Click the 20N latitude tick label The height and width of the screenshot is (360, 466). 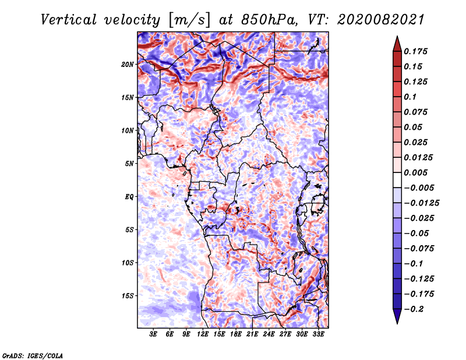pyautogui.click(x=128, y=64)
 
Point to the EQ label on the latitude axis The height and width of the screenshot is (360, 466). pyautogui.click(x=129, y=196)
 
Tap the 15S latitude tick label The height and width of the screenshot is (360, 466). pyautogui.click(x=128, y=296)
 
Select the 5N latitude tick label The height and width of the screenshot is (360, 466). pyautogui.click(x=129, y=164)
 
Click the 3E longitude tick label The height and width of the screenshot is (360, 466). pyautogui.click(x=153, y=334)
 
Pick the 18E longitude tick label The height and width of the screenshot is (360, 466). pyautogui.click(x=235, y=334)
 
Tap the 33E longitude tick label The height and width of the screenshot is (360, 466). pyautogui.click(x=318, y=334)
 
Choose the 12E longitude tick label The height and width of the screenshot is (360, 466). pyautogui.click(x=202, y=334)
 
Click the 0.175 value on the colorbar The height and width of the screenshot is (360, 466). pyautogui.click(x=415, y=51)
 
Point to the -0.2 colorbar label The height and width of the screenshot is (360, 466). pyautogui.click(x=414, y=309)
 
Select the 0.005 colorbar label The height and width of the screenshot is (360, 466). pyautogui.click(x=415, y=172)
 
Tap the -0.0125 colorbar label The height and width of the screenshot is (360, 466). pyautogui.click(x=421, y=203)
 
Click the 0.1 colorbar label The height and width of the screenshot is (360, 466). pyautogui.click(x=410, y=97)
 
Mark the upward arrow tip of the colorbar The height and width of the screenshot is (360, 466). pyautogui.click(x=397, y=36)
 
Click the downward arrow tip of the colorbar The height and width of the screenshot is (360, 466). pyautogui.click(x=397, y=323)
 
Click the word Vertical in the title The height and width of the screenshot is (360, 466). pyautogui.click(x=69, y=20)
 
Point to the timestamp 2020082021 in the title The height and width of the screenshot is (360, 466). pyautogui.click(x=381, y=20)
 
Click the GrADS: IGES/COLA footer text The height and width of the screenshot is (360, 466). pyautogui.click(x=33, y=355)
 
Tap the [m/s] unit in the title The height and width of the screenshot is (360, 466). pyautogui.click(x=189, y=20)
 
